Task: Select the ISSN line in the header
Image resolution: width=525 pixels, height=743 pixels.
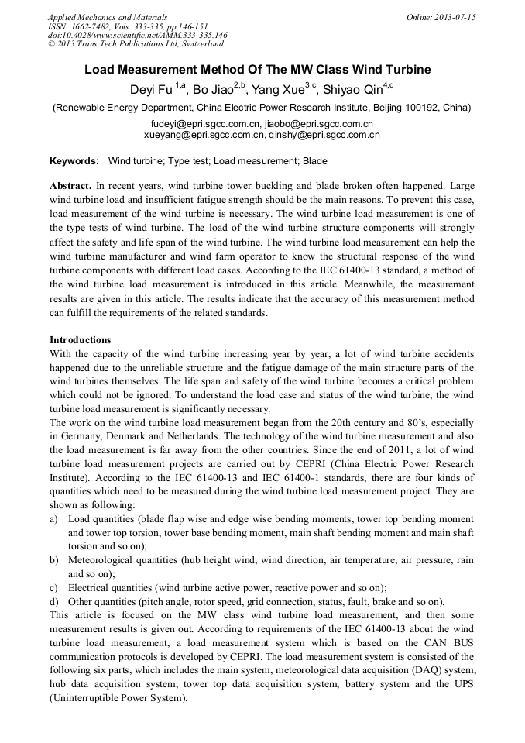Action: (x=116, y=26)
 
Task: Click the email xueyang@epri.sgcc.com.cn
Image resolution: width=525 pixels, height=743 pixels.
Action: (x=201, y=135)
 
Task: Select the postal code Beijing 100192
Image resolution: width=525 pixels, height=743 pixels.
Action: (x=396, y=108)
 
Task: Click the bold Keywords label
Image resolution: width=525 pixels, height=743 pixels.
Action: (x=74, y=161)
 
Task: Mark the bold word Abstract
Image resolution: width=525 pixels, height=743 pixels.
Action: (x=70, y=187)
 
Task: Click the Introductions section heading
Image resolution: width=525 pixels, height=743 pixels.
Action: (x=80, y=340)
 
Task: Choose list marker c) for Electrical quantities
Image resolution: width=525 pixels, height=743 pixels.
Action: (x=53, y=588)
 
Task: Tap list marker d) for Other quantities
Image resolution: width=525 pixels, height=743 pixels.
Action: (x=53, y=602)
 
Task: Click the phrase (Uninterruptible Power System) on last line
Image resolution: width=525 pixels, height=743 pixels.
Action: (x=118, y=698)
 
